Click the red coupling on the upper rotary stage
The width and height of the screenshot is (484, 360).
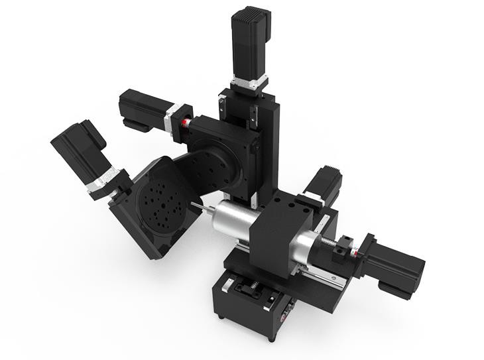coord(188,123)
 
